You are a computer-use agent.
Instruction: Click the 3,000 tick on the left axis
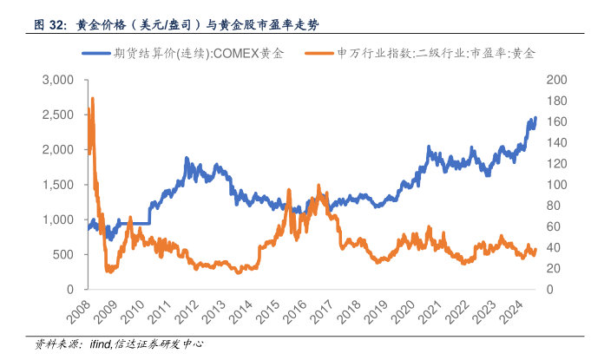(x=58, y=80)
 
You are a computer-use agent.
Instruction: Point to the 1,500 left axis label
(x=58, y=185)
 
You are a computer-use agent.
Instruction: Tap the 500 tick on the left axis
(x=64, y=254)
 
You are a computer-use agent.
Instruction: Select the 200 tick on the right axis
(x=556, y=80)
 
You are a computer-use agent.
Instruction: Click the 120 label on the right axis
(x=556, y=164)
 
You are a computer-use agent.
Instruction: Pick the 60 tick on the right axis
(x=553, y=226)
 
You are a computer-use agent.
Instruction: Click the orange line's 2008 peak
(x=92, y=99)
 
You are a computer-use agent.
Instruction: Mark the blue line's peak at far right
(x=535, y=117)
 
